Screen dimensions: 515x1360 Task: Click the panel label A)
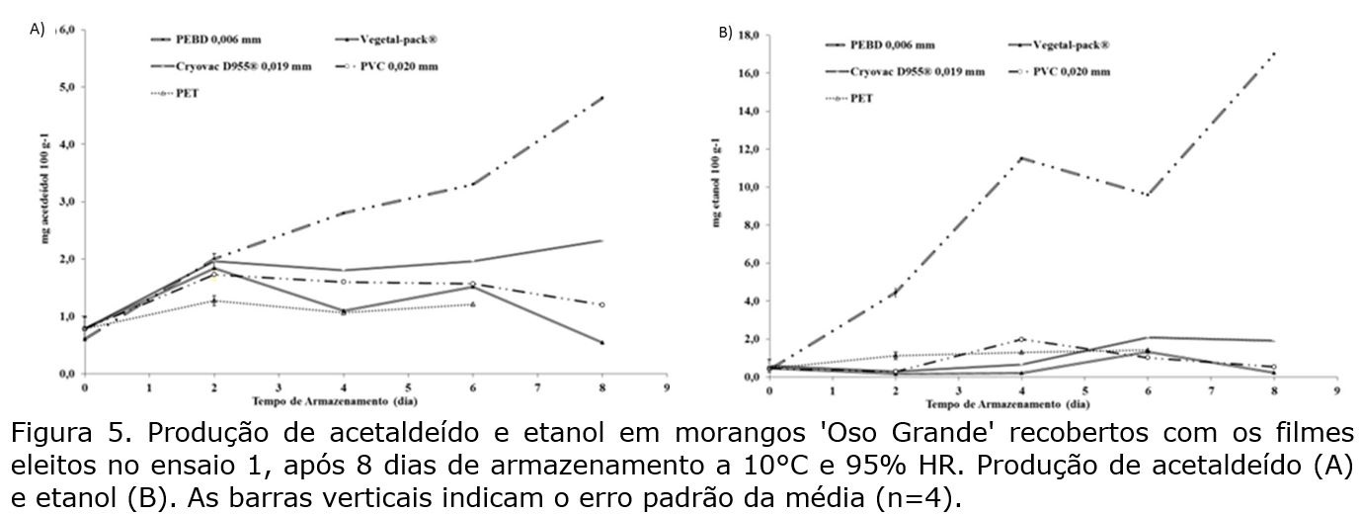point(38,30)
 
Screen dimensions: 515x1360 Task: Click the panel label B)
point(725,33)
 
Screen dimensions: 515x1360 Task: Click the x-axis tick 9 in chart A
point(667,387)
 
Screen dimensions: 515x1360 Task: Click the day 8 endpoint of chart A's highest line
point(601,98)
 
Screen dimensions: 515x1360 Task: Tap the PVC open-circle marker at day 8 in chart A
point(601,304)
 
